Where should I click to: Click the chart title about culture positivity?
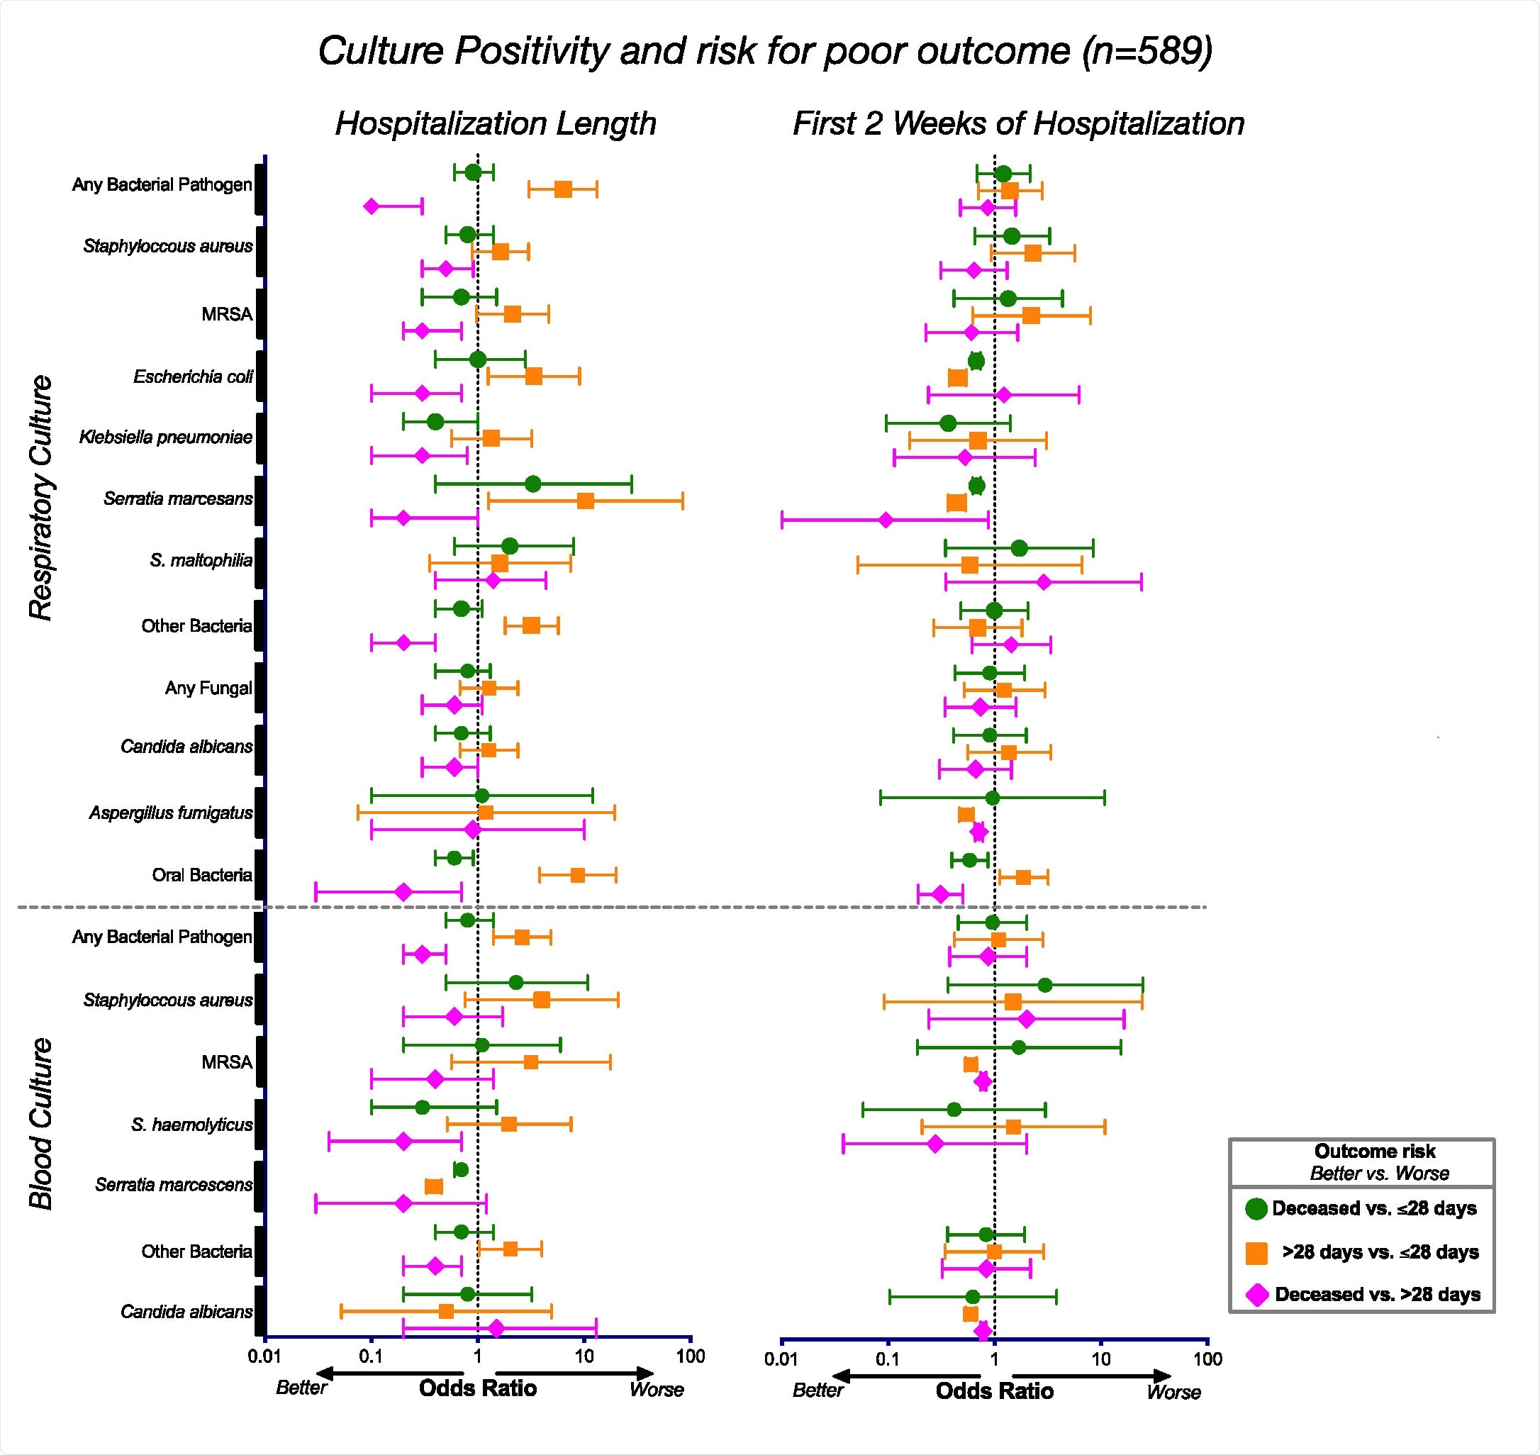tap(764, 52)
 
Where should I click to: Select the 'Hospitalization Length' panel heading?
tap(496, 123)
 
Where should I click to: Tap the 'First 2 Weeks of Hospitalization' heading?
tap(1018, 123)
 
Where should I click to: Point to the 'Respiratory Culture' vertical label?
tap(40, 497)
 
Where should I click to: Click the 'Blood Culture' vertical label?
tap(40, 1124)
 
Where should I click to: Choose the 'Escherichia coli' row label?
tap(193, 377)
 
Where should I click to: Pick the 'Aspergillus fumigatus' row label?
tap(171, 813)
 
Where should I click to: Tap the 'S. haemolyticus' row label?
tap(191, 1125)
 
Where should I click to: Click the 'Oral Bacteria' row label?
tap(201, 875)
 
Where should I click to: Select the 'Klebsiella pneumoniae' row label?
tap(166, 437)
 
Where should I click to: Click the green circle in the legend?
tap(1256, 1208)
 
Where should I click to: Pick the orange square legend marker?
tap(1256, 1253)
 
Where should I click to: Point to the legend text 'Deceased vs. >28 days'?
tap(1377, 1295)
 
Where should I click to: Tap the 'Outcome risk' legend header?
tap(1374, 1151)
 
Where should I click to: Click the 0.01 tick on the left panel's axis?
tap(263, 1356)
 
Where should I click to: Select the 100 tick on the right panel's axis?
tap(1207, 1359)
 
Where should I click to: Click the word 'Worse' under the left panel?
tap(656, 1389)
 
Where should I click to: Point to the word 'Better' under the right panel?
tap(818, 1390)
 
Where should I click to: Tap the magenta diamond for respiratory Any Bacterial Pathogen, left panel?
tap(372, 206)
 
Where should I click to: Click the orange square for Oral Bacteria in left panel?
tap(578, 875)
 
